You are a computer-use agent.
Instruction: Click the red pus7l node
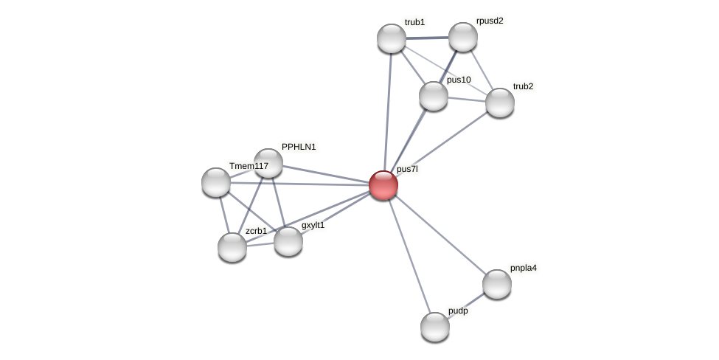point(383,185)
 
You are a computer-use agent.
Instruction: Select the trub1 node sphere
point(392,38)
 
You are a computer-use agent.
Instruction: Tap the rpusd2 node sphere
point(463,37)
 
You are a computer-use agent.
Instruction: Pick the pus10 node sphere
point(434,96)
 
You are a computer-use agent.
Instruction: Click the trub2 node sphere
point(500,103)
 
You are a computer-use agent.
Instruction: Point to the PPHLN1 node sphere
point(268,163)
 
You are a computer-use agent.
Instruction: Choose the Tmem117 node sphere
point(216,182)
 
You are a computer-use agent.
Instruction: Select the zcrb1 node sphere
point(232,247)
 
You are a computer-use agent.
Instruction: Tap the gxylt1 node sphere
point(288,241)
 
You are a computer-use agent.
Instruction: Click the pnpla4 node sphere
point(497,284)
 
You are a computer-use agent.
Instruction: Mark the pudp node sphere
point(435,327)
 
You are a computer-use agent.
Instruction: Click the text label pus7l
point(407,169)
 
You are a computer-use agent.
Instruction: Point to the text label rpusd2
point(490,21)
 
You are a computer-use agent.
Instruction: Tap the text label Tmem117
point(249,166)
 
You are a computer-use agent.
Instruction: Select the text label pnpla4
point(524,268)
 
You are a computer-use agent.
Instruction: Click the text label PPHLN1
point(299,147)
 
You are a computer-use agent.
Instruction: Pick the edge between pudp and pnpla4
point(466,305)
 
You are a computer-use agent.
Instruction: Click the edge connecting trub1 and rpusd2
point(428,38)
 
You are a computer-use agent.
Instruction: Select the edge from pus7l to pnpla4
point(440,235)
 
